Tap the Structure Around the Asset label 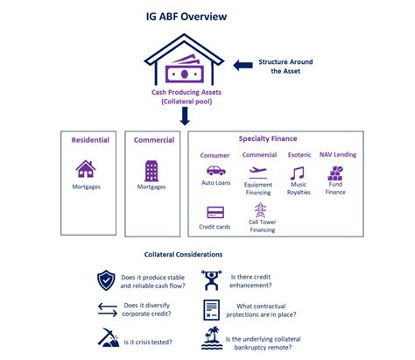click(x=285, y=67)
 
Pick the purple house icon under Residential click(x=86, y=168)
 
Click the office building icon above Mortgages click(x=151, y=169)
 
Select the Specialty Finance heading click(x=268, y=138)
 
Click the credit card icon click(x=215, y=212)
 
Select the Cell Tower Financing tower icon click(x=260, y=210)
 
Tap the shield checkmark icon click(x=106, y=280)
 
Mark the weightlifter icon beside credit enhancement click(x=211, y=280)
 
